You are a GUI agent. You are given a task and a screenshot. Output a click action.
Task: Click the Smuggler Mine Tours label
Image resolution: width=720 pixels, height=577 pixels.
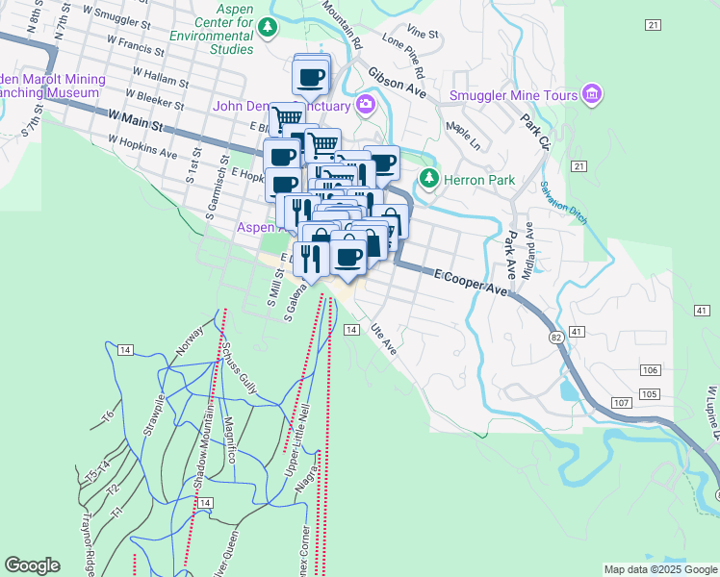513,95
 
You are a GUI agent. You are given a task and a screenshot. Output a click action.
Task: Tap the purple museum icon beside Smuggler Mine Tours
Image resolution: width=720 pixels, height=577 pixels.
592,94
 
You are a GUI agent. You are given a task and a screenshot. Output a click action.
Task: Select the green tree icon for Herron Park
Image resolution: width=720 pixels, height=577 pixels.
428,179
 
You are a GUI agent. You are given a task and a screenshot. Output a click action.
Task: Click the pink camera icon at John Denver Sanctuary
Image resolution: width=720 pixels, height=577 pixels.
366,104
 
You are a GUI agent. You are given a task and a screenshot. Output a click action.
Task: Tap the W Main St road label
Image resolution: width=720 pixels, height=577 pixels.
138,120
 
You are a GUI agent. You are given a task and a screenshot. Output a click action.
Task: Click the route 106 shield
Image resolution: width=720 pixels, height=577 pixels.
650,371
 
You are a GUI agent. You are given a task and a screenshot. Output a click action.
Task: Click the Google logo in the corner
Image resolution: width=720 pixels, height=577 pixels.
32,565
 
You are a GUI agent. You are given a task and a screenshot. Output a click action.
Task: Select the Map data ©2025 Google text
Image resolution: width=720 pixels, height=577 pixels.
659,569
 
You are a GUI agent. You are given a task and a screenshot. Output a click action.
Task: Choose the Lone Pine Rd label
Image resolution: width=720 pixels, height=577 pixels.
404,56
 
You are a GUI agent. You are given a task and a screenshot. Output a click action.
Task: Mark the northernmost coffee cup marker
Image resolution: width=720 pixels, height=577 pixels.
311,77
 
